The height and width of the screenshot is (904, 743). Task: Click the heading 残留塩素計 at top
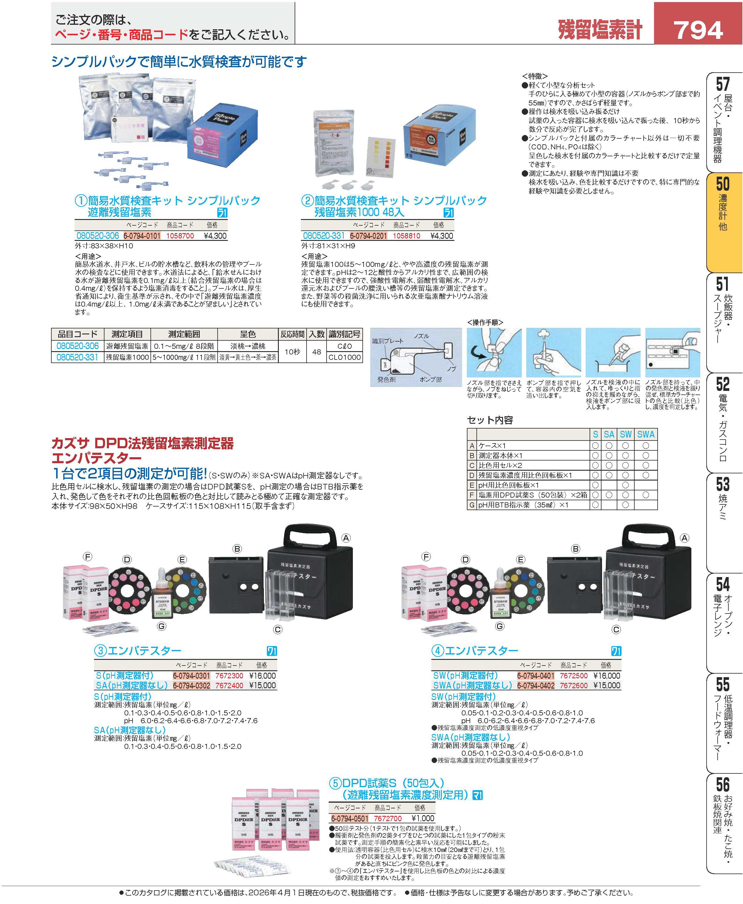(600, 30)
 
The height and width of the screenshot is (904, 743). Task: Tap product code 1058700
(180, 236)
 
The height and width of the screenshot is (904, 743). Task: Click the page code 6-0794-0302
(191, 685)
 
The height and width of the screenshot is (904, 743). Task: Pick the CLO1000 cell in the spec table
(344, 357)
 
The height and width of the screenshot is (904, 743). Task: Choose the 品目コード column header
(78, 334)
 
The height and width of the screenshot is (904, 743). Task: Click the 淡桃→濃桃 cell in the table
(248, 346)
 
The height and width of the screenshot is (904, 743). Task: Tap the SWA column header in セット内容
(645, 434)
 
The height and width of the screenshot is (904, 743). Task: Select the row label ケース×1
(492, 446)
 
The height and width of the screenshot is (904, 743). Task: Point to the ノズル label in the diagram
(421, 336)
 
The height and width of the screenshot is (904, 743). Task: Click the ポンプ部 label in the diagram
(430, 379)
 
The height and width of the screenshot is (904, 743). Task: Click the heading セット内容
(490, 420)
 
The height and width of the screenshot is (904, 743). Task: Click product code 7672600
(573, 685)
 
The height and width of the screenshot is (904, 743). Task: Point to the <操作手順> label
(485, 322)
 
